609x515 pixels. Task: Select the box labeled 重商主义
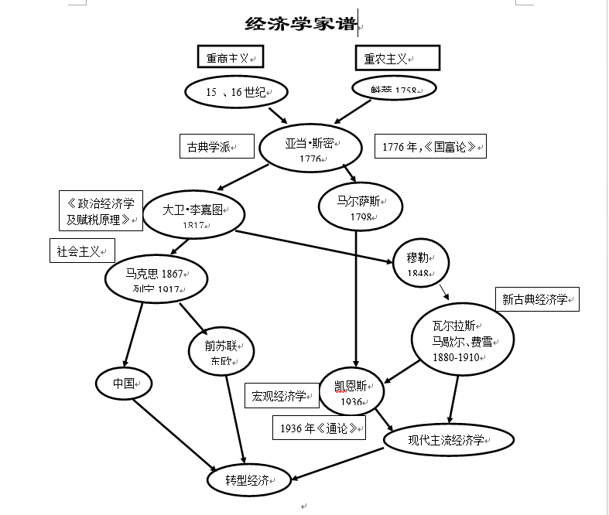pos(230,58)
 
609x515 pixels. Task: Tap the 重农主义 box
pos(398,58)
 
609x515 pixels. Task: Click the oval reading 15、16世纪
pos(236,92)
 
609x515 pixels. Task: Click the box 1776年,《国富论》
pos(431,146)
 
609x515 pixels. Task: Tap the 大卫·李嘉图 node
pos(193,215)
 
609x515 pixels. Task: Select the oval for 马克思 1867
pos(157,278)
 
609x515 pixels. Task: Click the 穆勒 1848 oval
pos(422,262)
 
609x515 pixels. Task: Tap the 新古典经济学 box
pos(537,299)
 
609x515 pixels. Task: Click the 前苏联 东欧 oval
pos(221,353)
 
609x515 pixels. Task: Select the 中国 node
pos(124,383)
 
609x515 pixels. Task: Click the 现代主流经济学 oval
pos(448,440)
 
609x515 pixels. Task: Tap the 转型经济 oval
pos(249,479)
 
